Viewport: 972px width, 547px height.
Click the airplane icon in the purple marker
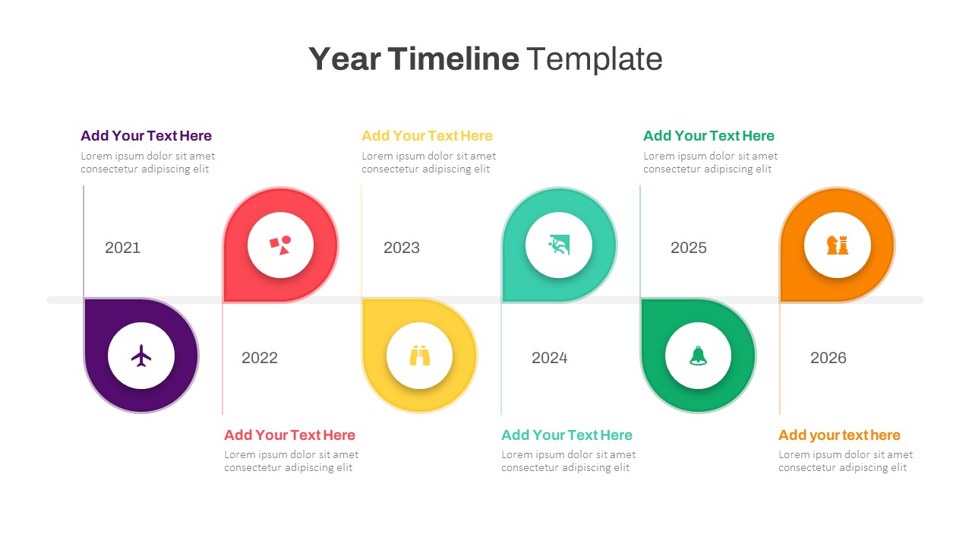click(141, 356)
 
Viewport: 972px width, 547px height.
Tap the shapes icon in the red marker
click(280, 245)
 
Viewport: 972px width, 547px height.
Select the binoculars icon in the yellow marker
click(420, 356)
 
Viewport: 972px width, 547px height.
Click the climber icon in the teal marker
click(559, 245)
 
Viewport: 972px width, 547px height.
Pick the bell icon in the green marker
click(698, 356)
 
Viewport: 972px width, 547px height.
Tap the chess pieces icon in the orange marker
click(838, 245)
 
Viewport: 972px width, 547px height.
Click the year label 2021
click(122, 248)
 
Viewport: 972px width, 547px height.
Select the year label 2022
click(260, 358)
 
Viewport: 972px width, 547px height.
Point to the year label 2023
click(401, 248)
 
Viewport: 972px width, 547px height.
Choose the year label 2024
click(549, 358)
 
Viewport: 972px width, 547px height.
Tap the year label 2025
click(688, 248)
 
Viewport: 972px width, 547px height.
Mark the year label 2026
click(828, 358)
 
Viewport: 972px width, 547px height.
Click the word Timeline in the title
click(453, 58)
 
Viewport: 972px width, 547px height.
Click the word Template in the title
click(595, 58)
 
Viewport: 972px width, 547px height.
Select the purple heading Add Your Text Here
click(146, 136)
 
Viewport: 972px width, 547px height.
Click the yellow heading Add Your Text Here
click(427, 136)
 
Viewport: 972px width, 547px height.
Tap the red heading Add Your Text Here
click(289, 435)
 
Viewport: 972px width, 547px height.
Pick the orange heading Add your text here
click(839, 435)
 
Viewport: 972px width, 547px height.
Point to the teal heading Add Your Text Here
click(566, 435)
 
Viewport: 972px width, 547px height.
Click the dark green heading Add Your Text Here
click(708, 136)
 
